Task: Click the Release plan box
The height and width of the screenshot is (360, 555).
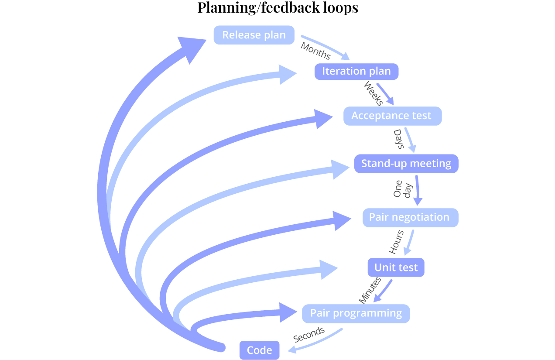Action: tap(254, 35)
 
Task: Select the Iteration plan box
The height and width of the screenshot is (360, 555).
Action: tap(356, 71)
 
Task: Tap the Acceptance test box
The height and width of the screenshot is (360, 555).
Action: tap(391, 116)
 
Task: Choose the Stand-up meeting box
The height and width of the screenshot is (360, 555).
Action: tap(406, 164)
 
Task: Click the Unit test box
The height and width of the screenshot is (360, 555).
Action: tap(396, 267)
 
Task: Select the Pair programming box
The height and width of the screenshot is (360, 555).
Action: tap(356, 313)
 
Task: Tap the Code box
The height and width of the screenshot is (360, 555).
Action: tap(259, 350)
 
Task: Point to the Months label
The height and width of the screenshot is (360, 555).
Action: tap(315, 51)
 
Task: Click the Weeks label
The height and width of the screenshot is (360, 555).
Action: tap(373, 93)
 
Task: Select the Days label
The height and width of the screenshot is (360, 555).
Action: tap(398, 139)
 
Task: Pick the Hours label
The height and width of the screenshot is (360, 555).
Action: tap(396, 242)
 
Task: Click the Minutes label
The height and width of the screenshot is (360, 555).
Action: tap(370, 290)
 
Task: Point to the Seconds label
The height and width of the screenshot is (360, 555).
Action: tap(309, 334)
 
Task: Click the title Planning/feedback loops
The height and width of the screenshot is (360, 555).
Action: tap(277, 8)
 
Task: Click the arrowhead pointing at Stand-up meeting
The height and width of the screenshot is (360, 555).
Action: tap(343, 169)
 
